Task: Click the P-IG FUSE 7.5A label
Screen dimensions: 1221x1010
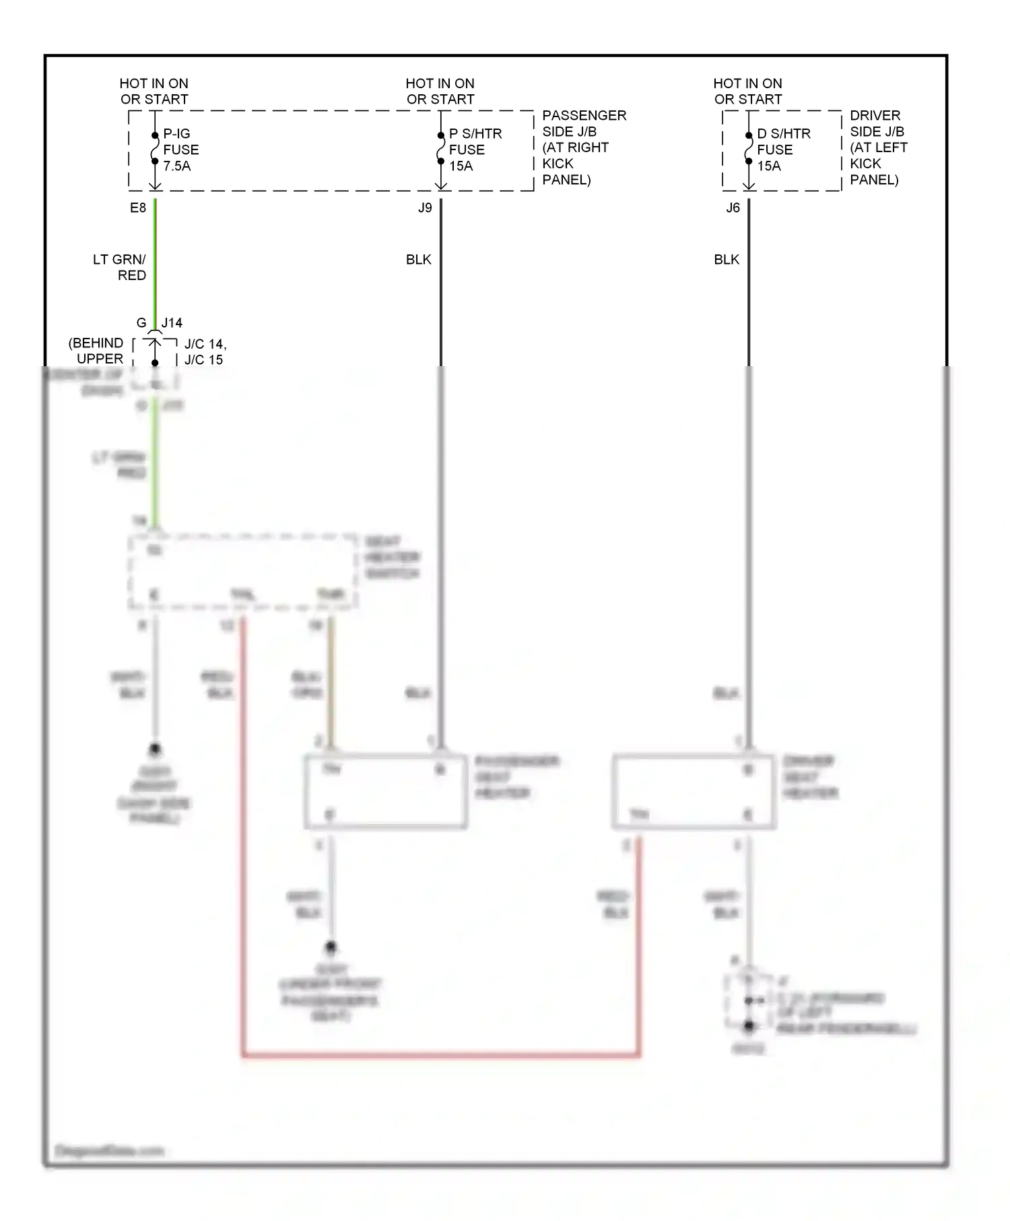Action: [180, 149]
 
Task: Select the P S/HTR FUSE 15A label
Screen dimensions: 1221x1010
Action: [475, 149]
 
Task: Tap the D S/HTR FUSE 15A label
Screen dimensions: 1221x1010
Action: [782, 149]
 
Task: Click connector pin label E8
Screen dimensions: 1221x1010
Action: [138, 208]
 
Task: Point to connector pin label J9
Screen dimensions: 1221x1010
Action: [425, 208]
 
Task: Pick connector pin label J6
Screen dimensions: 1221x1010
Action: [733, 208]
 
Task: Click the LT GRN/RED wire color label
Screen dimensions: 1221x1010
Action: [120, 267]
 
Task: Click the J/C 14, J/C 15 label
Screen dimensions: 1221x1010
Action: [205, 352]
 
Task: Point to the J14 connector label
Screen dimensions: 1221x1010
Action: [172, 323]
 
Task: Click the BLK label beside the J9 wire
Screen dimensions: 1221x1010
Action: [418, 260]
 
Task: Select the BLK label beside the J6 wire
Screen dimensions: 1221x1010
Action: [726, 260]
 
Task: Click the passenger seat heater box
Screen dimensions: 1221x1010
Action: [385, 792]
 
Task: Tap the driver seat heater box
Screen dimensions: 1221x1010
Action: [694, 792]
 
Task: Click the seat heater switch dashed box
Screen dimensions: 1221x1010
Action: [242, 572]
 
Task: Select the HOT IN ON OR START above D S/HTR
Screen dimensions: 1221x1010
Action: [747, 91]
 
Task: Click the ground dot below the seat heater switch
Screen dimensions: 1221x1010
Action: [155, 748]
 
